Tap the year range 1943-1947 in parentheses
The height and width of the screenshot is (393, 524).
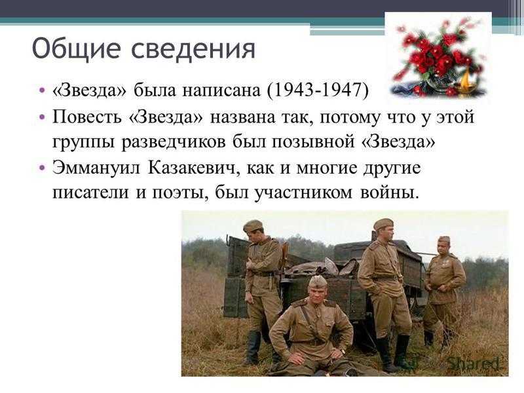coord(318,90)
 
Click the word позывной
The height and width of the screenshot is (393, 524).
coord(312,142)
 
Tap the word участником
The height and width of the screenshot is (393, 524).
coord(303,193)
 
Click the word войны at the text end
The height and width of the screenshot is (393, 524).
coord(389,193)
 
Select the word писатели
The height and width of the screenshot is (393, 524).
coord(90,193)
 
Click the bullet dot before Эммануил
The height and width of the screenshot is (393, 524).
coord(42,168)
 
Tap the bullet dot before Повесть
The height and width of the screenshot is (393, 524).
coord(42,117)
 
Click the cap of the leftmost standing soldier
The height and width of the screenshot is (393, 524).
coord(253,226)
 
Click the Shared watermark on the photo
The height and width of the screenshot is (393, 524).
coord(473,363)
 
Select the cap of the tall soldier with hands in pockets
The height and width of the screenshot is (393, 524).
coord(383,224)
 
